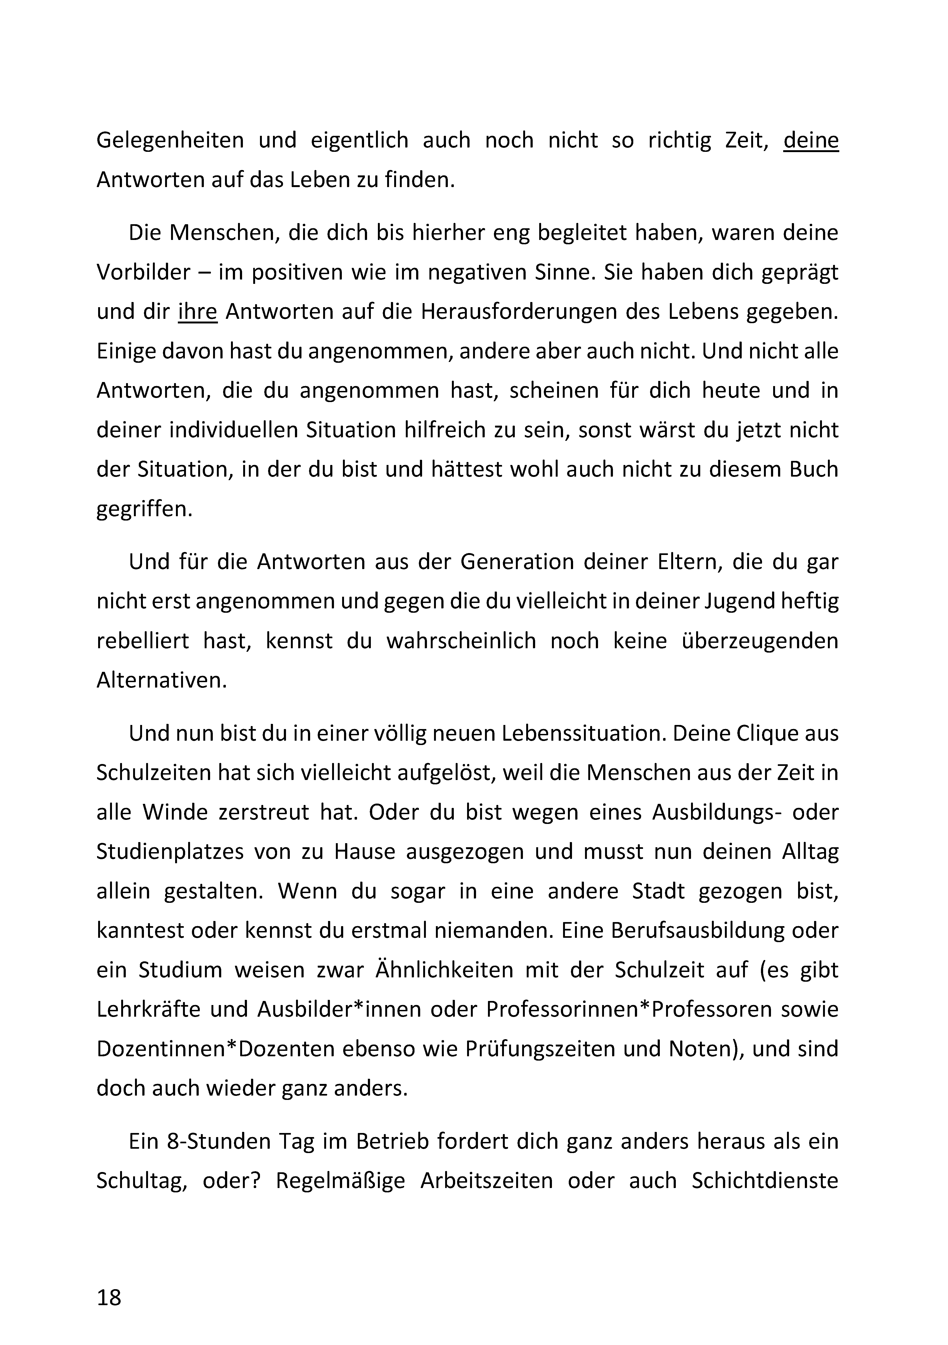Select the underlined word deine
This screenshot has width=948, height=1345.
pos(811,141)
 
